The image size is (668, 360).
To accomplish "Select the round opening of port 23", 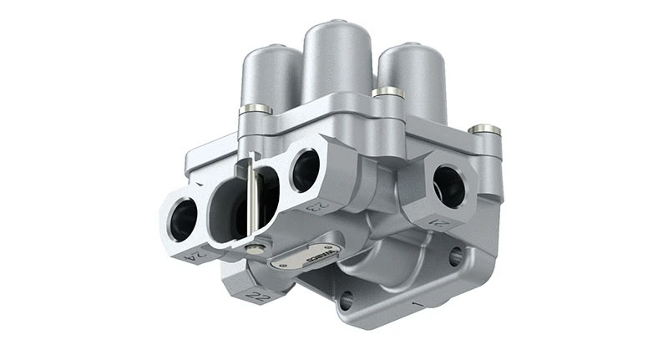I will coord(304,170).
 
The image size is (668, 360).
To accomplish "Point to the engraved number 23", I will coord(319,204).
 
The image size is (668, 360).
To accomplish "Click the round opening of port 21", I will coord(448,185).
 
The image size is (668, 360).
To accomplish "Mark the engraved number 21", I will coord(441,223).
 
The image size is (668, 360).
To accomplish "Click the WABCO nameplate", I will coord(307,257).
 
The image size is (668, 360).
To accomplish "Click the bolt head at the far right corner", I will coord(484,130).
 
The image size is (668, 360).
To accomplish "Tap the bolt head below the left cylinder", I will coord(255,109).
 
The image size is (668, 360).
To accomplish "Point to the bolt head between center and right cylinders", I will coord(387,92).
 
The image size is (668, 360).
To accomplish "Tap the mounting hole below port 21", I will coord(455,256).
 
